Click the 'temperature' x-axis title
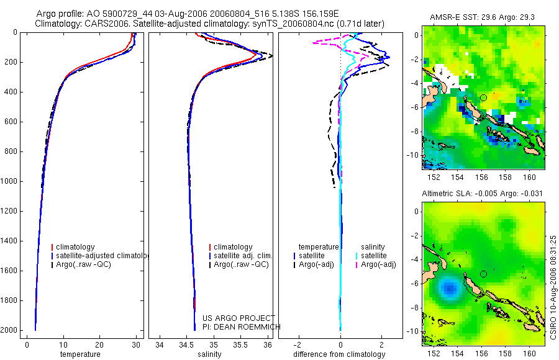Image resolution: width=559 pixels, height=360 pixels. (x=80, y=354)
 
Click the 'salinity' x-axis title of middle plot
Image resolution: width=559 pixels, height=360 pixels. (x=209, y=354)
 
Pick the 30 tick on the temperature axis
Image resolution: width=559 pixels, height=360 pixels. (x=135, y=344)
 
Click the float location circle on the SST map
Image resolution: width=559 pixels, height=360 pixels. (x=483, y=97)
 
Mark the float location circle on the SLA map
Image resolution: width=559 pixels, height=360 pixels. (x=483, y=274)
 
